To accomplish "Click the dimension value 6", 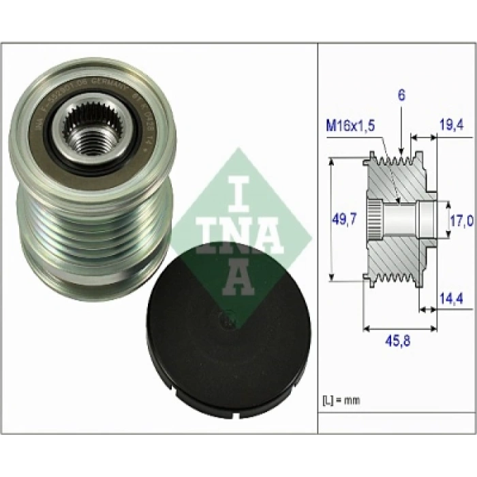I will tap(401, 95).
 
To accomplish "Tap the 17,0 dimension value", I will tap(461, 220).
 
